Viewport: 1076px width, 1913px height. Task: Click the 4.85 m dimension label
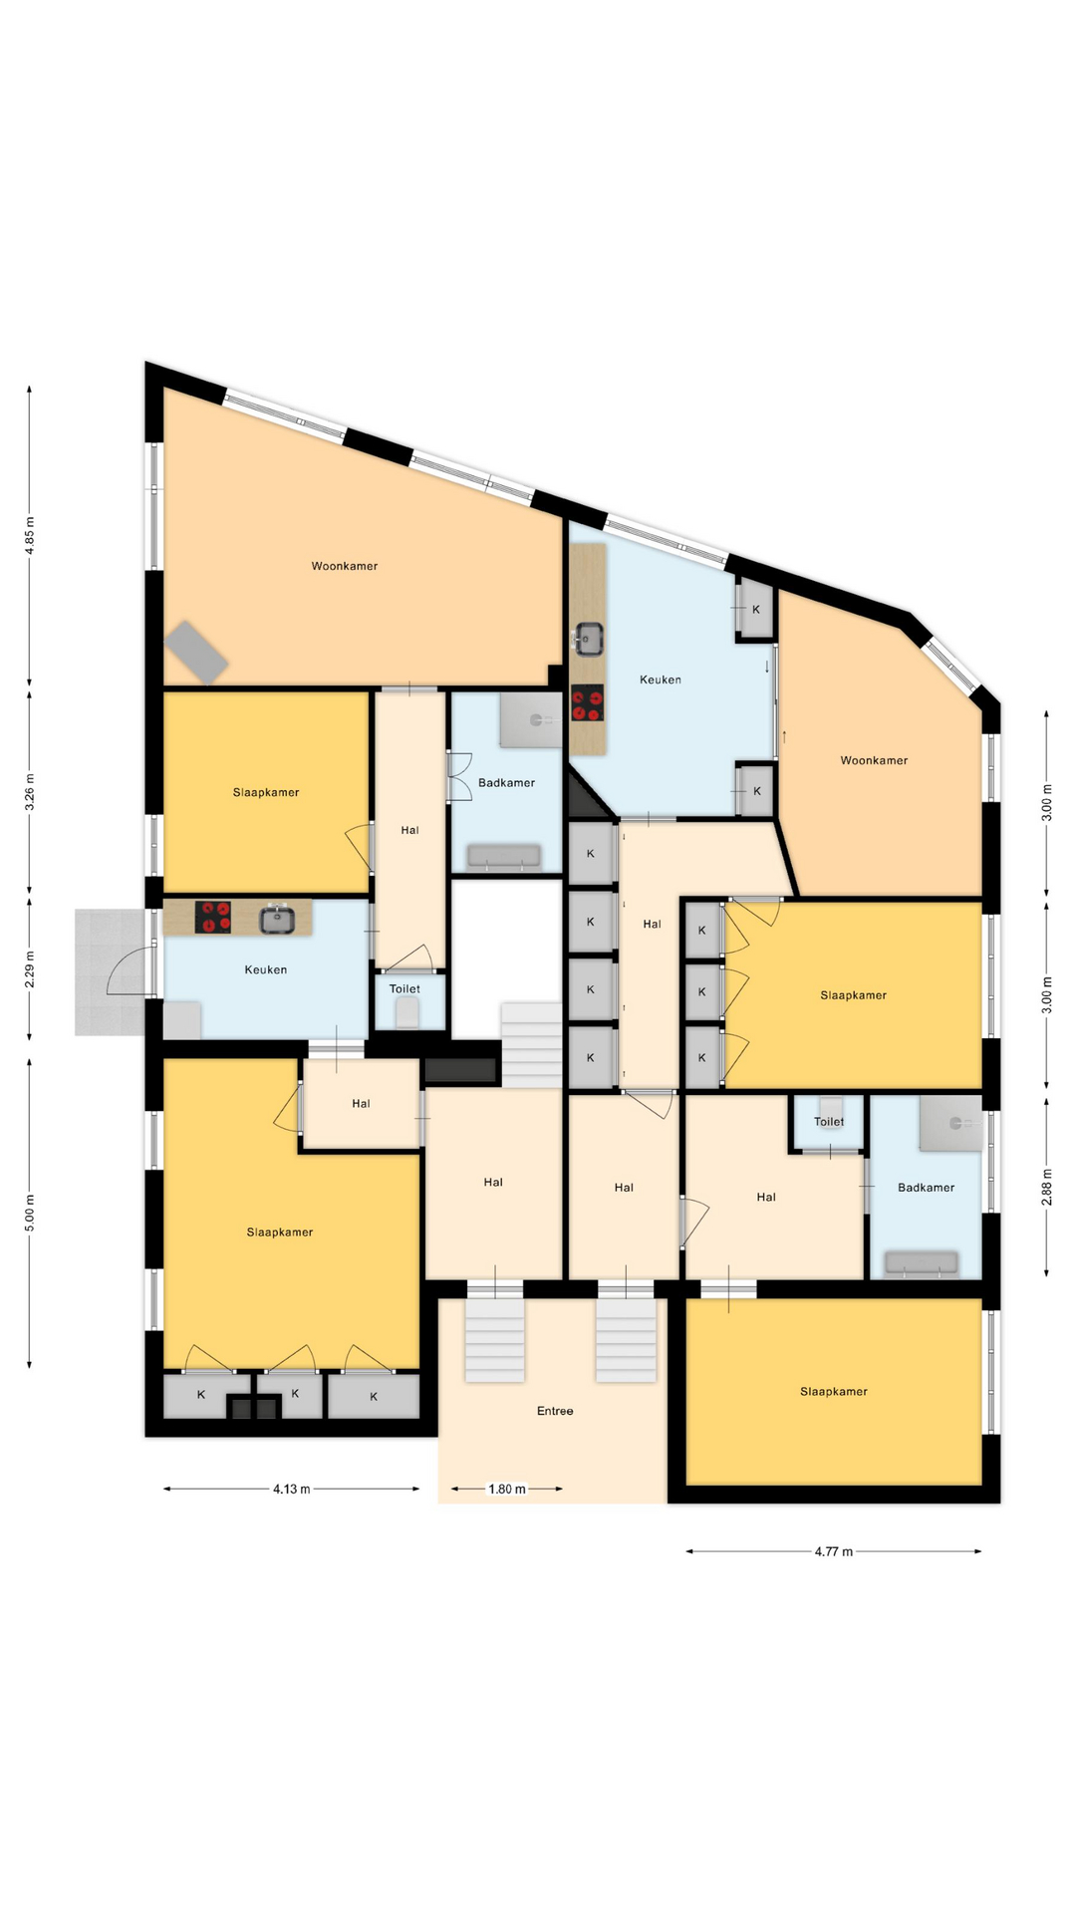point(30,535)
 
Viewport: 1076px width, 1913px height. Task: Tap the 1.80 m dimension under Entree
point(506,1490)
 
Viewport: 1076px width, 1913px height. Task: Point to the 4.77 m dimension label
point(834,1551)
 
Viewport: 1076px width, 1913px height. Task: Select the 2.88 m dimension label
point(1047,1187)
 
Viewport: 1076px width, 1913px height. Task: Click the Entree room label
point(555,1411)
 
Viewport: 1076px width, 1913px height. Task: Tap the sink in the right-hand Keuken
point(589,639)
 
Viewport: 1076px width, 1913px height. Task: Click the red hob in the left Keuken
point(213,917)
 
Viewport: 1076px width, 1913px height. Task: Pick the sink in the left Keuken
point(278,918)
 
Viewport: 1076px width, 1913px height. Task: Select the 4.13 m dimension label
point(292,1490)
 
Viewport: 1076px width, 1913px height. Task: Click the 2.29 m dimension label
point(30,969)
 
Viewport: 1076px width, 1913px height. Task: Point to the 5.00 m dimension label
point(30,1213)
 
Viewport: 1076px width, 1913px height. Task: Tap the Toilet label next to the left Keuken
point(404,989)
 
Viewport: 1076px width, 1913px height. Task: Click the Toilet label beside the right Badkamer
point(829,1122)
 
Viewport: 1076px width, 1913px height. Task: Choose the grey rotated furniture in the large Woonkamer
point(196,653)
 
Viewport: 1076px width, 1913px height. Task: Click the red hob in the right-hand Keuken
point(588,703)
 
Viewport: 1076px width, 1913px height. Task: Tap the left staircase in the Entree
point(495,1339)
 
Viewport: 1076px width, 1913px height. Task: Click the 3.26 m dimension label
point(30,792)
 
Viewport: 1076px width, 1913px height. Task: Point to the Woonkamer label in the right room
point(874,760)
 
